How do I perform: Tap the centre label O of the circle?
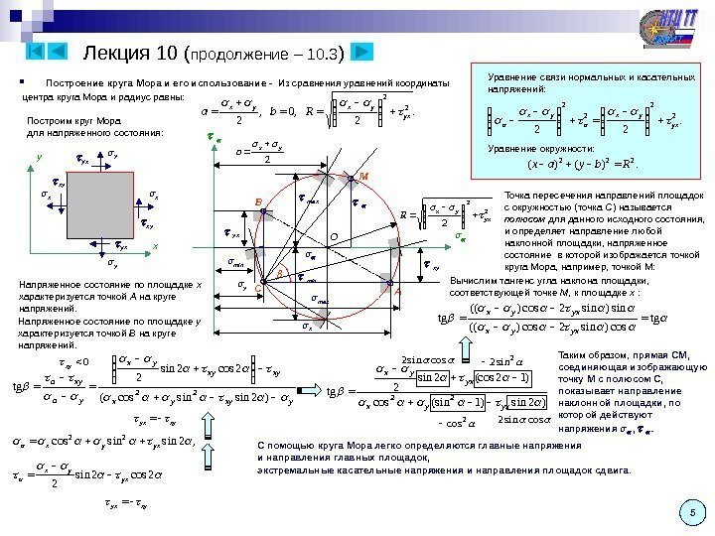pyautogui.click(x=334, y=236)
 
